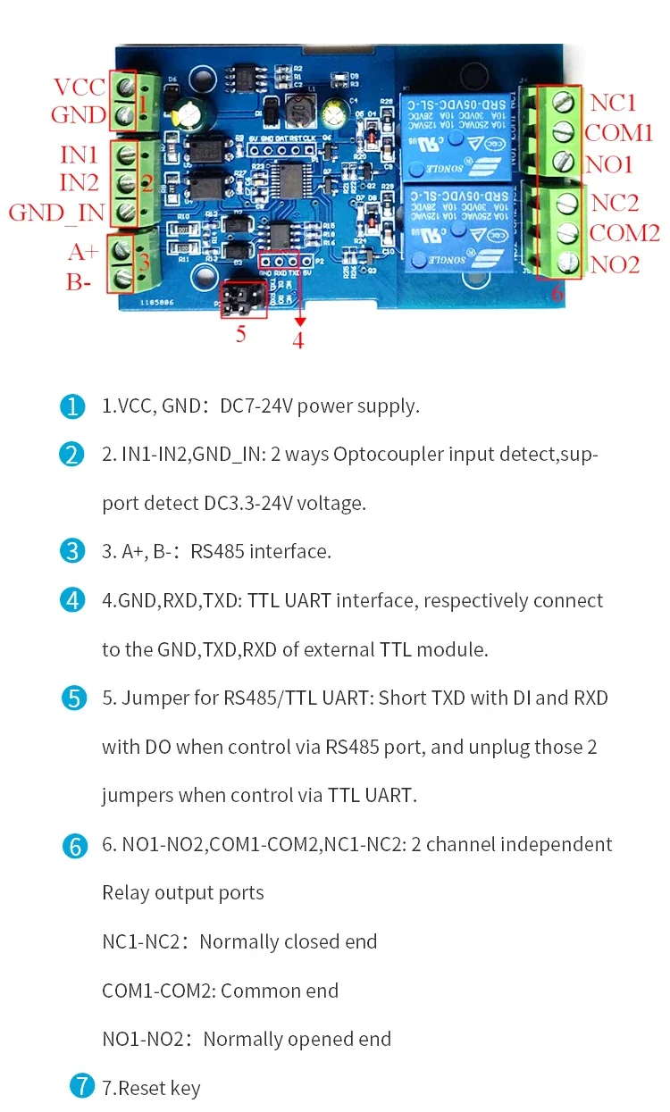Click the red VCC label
[80, 88]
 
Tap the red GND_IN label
[56, 213]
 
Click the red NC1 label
[613, 102]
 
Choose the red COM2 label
[624, 233]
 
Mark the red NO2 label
[615, 264]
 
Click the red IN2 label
[79, 183]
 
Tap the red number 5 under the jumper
[239, 335]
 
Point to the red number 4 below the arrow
[298, 340]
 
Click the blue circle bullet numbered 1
[72, 406]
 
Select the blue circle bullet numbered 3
[72, 551]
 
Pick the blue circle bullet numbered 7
[82, 1087]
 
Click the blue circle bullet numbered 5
[72, 698]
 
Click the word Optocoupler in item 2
[386, 455]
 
